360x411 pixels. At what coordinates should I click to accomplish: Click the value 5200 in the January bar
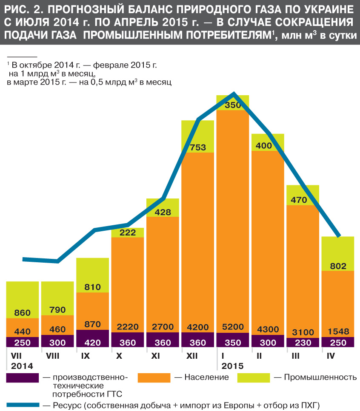[x=233, y=327]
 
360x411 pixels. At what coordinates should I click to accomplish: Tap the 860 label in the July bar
[x=22, y=313]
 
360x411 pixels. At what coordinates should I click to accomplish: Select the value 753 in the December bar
[x=197, y=147]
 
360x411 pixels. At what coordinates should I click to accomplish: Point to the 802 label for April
[x=338, y=266]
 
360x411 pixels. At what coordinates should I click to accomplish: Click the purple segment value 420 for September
[x=92, y=343]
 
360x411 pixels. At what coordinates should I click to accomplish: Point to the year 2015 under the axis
[x=232, y=366]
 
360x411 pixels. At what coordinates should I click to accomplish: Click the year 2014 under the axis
[x=22, y=366]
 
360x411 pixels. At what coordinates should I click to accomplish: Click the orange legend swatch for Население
[x=154, y=377]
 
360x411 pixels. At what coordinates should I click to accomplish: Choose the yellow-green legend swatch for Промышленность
[x=254, y=377]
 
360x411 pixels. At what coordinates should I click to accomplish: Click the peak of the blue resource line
[x=234, y=93]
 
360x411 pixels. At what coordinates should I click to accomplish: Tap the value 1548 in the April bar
[x=338, y=327]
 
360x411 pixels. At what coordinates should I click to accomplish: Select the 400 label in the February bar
[x=268, y=146]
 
